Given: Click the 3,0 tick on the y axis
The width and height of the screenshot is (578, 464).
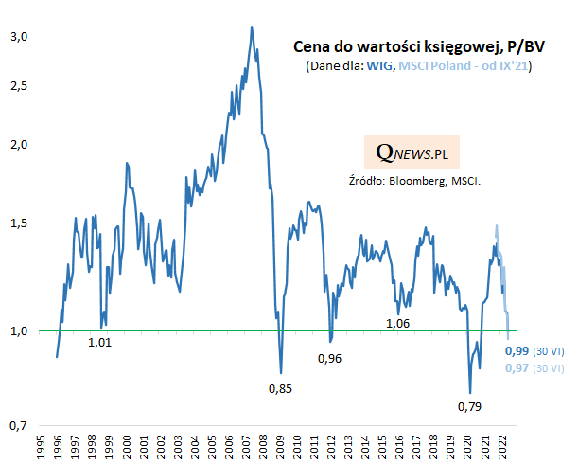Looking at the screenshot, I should click(19, 36).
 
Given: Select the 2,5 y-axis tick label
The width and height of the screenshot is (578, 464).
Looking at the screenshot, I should click(19, 85).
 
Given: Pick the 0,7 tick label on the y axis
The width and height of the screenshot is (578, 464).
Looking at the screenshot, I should click(19, 426).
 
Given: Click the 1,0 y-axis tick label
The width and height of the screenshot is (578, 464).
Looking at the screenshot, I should click(19, 330).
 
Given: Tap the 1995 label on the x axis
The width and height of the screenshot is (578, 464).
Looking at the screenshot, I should click(42, 447).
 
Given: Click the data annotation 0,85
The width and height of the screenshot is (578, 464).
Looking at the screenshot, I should click(279, 388).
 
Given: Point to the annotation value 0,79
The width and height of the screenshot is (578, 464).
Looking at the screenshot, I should click(470, 407).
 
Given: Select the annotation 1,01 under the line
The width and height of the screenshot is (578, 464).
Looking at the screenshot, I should click(99, 342).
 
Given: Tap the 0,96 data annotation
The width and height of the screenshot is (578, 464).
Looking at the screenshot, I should click(329, 358).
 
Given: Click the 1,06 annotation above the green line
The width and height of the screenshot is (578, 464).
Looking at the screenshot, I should click(398, 323).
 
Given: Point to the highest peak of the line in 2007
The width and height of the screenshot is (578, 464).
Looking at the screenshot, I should click(251, 27).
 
